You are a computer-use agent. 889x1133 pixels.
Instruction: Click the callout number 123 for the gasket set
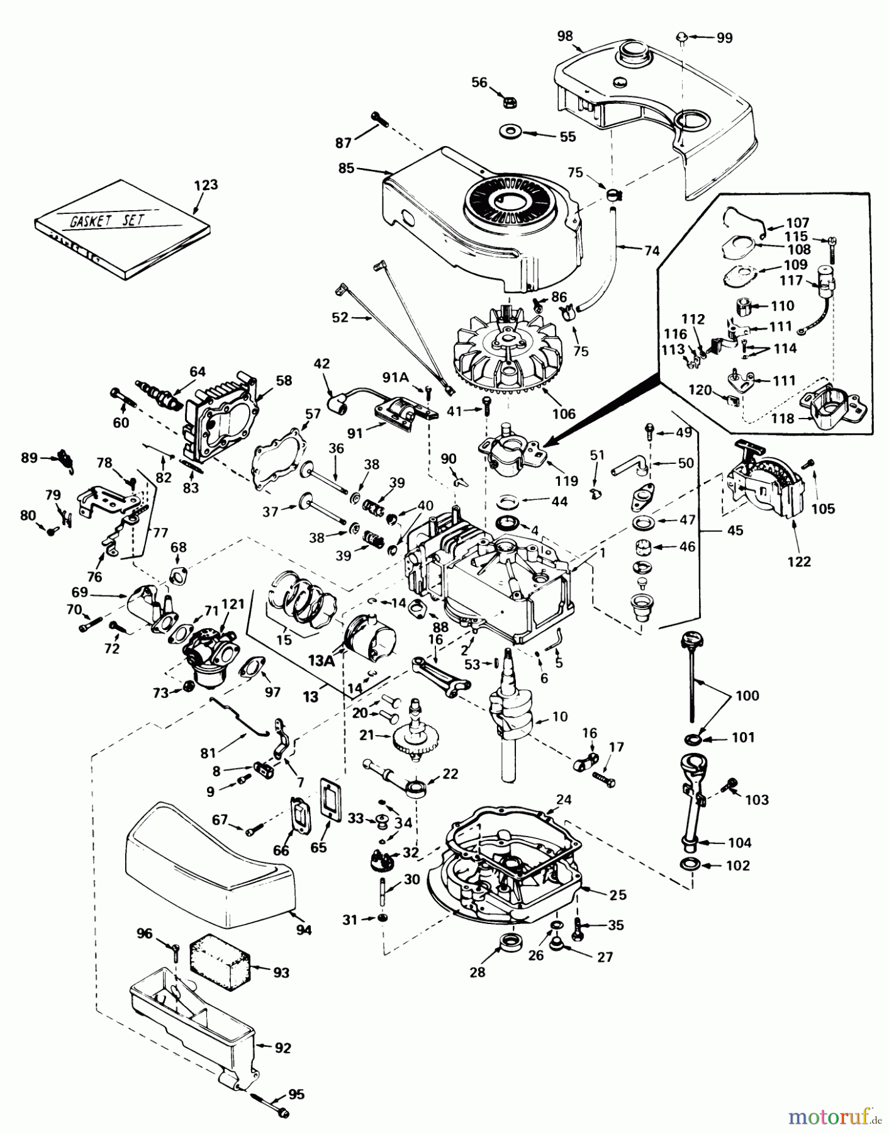(206, 185)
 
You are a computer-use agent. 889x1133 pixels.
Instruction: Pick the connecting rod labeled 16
(442, 675)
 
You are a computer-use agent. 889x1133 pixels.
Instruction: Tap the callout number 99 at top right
(724, 38)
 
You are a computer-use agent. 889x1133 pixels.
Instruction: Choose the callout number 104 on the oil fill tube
(739, 842)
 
